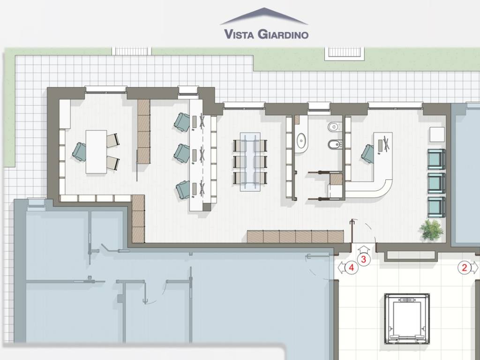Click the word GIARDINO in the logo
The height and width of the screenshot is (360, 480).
[283, 34]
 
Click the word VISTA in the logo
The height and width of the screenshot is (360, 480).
[239, 34]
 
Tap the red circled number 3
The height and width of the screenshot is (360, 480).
[363, 260]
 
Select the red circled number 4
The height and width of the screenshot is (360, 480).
[352, 268]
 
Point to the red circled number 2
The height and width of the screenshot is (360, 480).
[464, 268]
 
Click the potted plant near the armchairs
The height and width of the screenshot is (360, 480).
[432, 229]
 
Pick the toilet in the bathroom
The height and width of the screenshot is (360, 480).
[333, 126]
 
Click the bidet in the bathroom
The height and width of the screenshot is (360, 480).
[334, 144]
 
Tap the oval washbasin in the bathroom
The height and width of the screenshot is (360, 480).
[302, 141]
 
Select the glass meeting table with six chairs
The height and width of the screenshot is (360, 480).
[250, 162]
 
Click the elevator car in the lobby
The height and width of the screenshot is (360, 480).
[407, 319]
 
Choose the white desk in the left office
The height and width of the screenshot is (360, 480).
[96, 152]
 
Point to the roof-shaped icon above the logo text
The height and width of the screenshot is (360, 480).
[264, 16]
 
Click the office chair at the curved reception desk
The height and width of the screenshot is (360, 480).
[367, 154]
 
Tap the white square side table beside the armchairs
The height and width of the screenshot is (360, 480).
[437, 135]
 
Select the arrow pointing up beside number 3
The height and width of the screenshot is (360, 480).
[363, 250]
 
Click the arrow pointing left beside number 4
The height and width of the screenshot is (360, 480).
[342, 268]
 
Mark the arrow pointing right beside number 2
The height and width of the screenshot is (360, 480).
[474, 268]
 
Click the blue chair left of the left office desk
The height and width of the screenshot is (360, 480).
[80, 152]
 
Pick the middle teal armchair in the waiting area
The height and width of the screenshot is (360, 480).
[436, 183]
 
